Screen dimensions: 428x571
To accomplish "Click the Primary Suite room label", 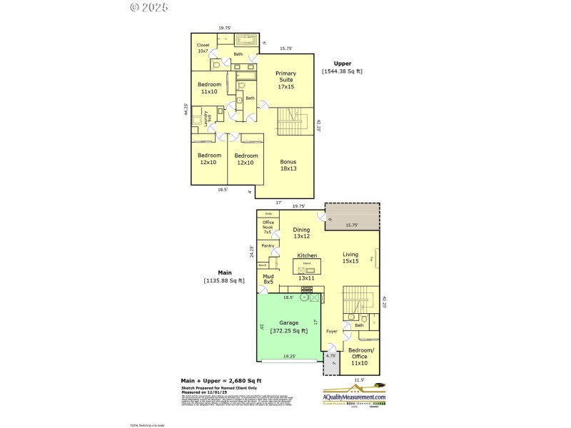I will click(285, 80).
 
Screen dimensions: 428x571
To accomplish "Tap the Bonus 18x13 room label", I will click(288, 165).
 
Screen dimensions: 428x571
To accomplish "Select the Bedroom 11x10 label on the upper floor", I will click(209, 88).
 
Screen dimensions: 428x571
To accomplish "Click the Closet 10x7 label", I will click(203, 48).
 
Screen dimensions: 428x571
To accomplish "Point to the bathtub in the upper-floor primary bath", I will click(246, 39).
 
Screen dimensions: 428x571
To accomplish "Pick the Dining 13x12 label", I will click(301, 233).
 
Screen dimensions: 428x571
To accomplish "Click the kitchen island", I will click(308, 266).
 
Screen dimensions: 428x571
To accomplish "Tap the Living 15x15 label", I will click(350, 258).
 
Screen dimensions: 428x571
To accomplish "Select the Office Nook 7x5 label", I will click(268, 227).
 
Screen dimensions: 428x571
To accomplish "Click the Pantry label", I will click(268, 245).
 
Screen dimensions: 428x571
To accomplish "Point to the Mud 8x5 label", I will click(268, 279).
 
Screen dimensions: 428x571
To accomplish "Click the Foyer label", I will click(331, 332).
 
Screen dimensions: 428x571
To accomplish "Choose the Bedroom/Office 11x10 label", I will click(359, 357).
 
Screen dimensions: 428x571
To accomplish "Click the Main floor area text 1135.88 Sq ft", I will click(224, 277).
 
